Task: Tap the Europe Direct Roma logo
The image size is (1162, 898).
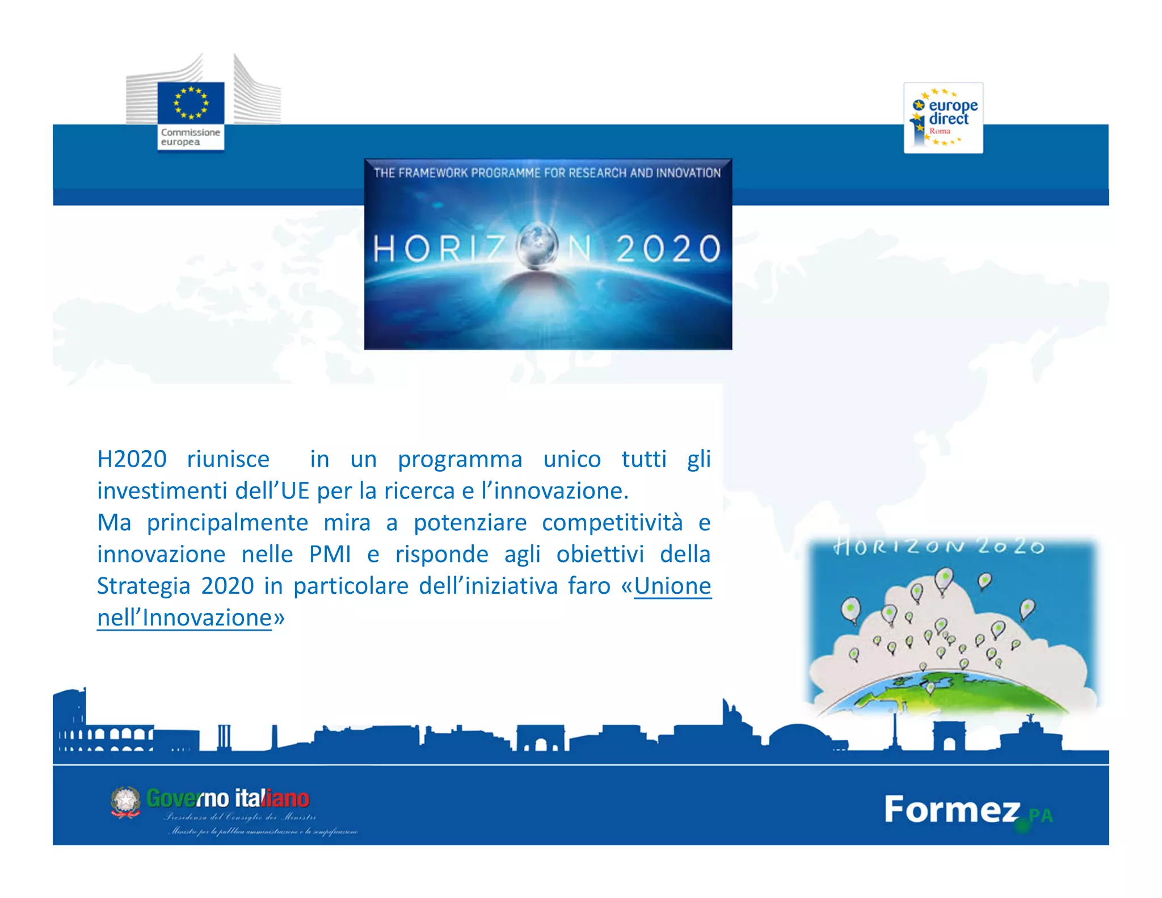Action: point(943,118)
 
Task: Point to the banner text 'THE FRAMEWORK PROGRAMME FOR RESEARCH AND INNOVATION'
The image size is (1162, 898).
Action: point(547,173)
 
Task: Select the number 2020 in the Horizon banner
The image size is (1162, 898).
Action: point(668,249)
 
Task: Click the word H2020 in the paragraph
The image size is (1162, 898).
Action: point(132,459)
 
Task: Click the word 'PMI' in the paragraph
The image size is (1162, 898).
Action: point(330,554)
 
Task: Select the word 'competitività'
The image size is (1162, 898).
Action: point(612,522)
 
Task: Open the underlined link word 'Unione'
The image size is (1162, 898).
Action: point(672,586)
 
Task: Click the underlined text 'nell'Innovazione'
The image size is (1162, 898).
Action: point(184,618)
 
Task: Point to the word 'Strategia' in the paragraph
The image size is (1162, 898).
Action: point(144,586)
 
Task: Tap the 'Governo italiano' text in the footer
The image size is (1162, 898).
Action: point(228,799)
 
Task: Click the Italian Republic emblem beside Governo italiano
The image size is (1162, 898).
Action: point(125,802)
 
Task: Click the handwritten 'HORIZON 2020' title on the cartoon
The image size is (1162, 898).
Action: point(938,547)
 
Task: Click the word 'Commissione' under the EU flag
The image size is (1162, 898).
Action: point(190,132)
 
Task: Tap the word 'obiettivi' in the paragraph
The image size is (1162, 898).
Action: point(600,554)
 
